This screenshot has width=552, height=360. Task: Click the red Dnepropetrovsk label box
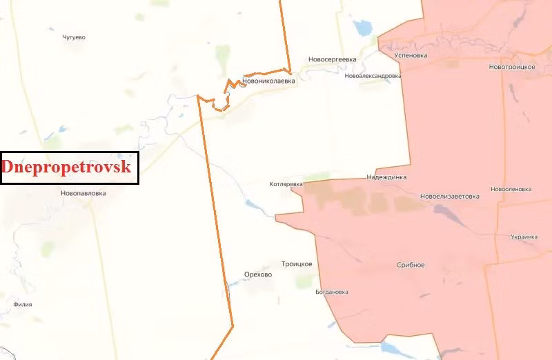(70, 168)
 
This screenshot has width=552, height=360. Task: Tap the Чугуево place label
(74, 37)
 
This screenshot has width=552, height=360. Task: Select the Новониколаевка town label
(268, 81)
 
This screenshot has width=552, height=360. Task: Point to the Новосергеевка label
(333, 59)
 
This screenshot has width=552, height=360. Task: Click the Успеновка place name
(410, 55)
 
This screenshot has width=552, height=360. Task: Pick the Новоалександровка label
(373, 76)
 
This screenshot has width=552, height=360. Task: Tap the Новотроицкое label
(512, 66)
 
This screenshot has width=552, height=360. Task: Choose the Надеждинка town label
(386, 177)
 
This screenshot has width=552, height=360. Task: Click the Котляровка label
(286, 185)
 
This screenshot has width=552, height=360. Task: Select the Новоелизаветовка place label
(449, 196)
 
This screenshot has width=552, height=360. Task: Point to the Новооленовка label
(511, 189)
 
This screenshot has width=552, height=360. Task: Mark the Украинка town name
(524, 237)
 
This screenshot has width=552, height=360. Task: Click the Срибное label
(411, 265)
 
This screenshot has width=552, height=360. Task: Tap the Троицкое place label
(297, 264)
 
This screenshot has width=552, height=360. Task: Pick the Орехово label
(258, 274)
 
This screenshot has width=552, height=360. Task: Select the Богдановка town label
(331, 292)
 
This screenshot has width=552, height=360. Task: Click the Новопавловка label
(83, 194)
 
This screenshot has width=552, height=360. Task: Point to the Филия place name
(23, 304)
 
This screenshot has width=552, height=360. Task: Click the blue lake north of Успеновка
(362, 28)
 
